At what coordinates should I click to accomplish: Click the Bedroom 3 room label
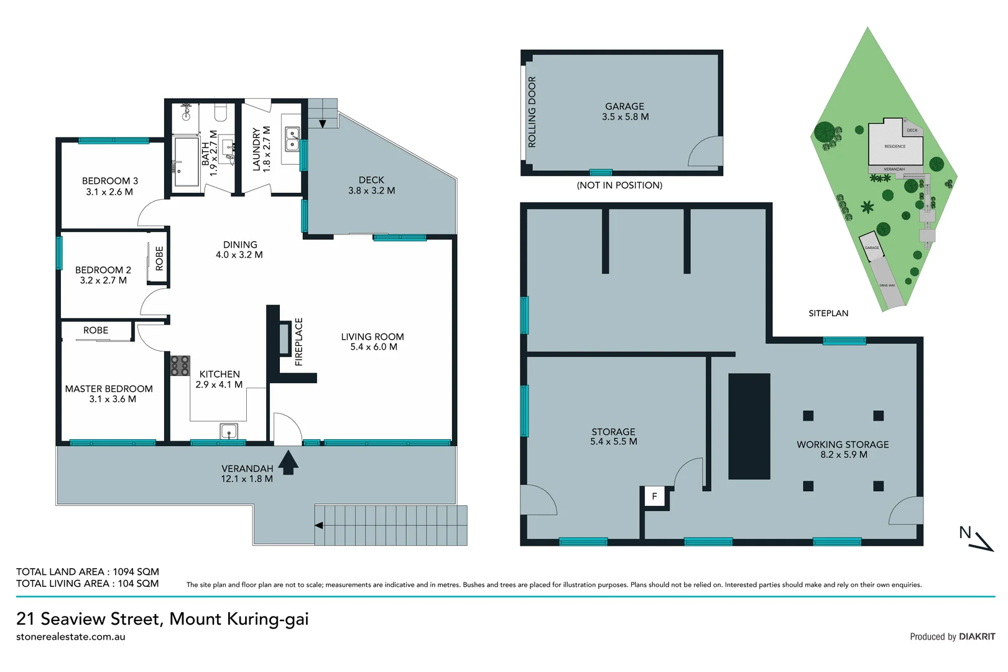pyautogui.click(x=110, y=181)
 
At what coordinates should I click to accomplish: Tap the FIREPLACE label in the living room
pyautogui.click(x=299, y=342)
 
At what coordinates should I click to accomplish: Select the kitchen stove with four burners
pyautogui.click(x=180, y=365)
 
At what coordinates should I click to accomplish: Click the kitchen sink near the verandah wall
pyautogui.click(x=229, y=431)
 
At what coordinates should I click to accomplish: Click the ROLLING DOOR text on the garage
pyautogui.click(x=532, y=112)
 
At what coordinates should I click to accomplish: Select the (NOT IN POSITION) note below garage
pyautogui.click(x=619, y=185)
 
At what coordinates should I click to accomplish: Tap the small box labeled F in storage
pyautogui.click(x=654, y=497)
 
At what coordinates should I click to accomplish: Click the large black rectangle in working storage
pyautogui.click(x=749, y=426)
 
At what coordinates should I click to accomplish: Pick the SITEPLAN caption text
pyautogui.click(x=828, y=314)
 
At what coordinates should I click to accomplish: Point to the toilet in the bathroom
pyautogui.click(x=220, y=113)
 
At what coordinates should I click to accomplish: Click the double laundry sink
pyautogui.click(x=292, y=139)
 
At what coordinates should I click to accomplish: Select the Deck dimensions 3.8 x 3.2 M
pyautogui.click(x=371, y=191)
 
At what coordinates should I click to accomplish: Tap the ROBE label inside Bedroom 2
pyautogui.click(x=160, y=258)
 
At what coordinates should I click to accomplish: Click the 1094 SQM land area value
pyautogui.click(x=136, y=572)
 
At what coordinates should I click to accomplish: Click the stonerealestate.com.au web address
pyautogui.click(x=71, y=637)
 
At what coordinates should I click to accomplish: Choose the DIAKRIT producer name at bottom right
pyautogui.click(x=977, y=637)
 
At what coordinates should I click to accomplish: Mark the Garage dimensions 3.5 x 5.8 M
pyautogui.click(x=625, y=117)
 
